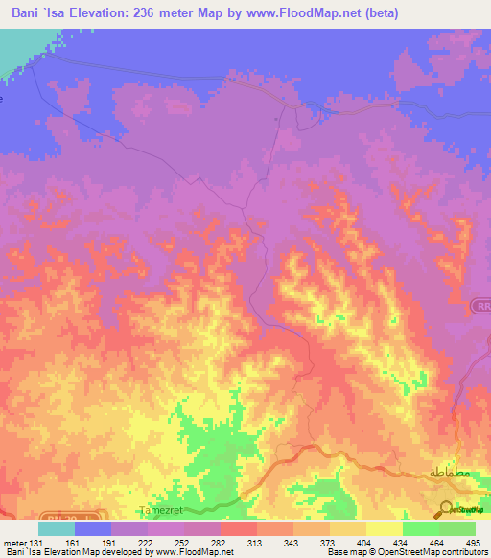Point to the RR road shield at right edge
tap(480, 306)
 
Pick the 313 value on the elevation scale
tap(255, 543)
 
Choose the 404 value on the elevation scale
tap(363, 543)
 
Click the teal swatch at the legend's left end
tap(57, 528)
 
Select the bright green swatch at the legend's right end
tap(457, 528)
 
